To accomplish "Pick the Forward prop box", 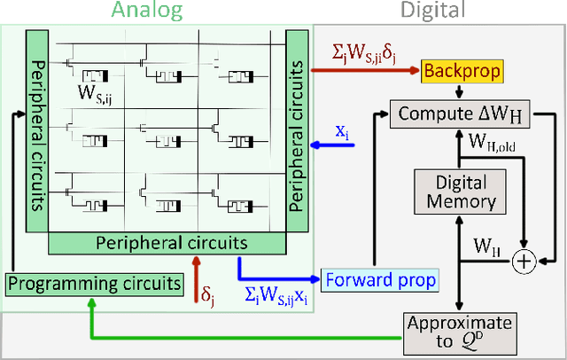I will point(380,280).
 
